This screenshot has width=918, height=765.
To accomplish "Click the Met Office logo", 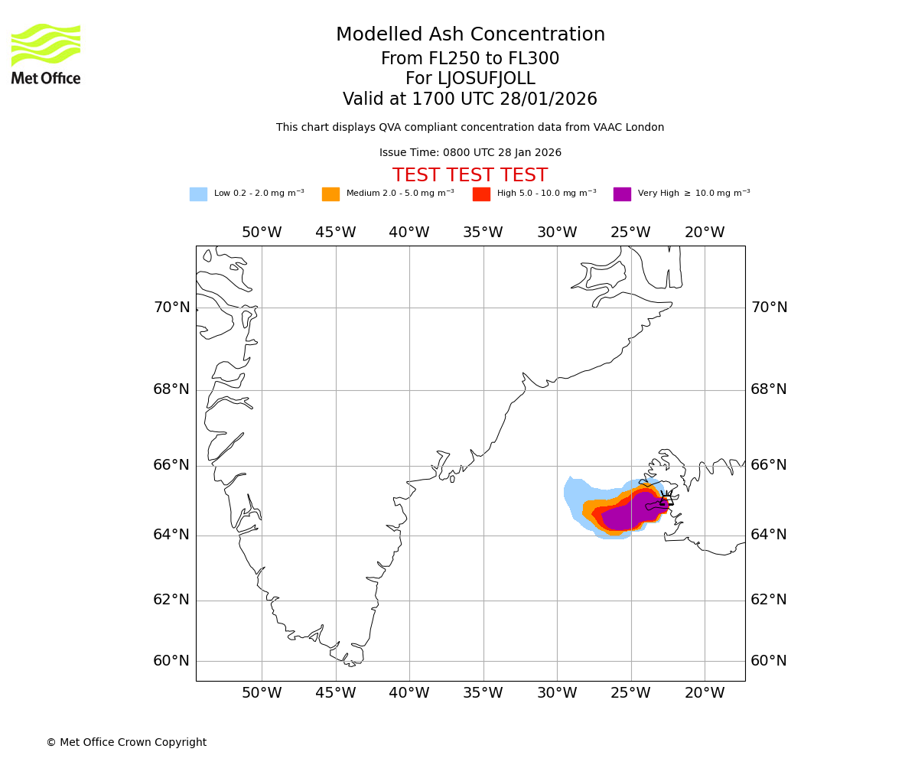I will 46,54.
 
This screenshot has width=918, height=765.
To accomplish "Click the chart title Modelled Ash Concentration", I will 470,35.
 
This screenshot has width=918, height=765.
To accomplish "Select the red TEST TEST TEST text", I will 470,175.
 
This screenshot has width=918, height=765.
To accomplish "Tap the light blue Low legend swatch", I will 198,194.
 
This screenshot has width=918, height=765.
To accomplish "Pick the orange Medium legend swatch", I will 330,194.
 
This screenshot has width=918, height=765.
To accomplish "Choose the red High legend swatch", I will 481,194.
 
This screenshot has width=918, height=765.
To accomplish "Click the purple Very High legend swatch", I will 622,194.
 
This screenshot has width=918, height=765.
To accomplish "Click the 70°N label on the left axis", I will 171,308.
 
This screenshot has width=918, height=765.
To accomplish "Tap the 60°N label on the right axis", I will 768,661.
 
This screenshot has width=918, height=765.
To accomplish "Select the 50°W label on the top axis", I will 262,233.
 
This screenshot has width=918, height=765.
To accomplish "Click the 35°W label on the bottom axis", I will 483,693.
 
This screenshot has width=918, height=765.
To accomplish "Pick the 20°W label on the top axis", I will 704,233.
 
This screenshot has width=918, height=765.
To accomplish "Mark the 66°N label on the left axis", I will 171,465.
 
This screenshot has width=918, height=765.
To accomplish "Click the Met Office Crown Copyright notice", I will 126,742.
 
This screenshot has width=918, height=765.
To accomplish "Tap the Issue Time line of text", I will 470,153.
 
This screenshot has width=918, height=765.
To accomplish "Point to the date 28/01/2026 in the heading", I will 549,99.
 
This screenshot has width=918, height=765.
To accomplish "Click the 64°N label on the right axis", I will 768,534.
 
